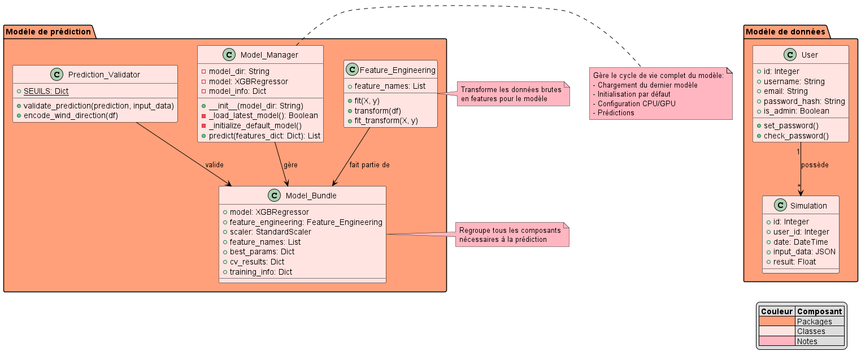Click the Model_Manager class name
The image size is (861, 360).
(269, 54)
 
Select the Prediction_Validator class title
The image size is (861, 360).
(104, 74)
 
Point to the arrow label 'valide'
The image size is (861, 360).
(214, 164)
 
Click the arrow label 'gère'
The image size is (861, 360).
(290, 164)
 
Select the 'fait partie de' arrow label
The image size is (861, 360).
(369, 164)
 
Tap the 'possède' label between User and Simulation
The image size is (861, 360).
(815, 165)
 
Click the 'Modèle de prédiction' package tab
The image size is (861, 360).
(49, 32)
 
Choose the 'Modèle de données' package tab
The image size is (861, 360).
(785, 32)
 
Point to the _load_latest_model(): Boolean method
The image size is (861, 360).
(263, 115)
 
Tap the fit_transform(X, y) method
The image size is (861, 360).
(386, 120)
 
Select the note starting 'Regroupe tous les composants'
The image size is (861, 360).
(510, 235)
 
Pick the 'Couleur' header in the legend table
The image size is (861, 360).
(776, 311)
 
